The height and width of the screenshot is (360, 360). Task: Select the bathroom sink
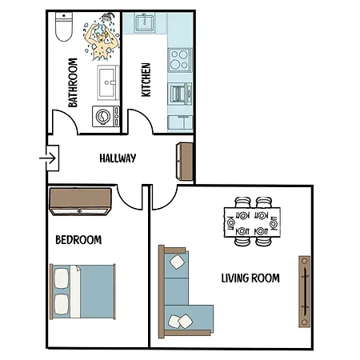click(107, 80)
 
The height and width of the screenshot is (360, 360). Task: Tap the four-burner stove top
click(179, 59)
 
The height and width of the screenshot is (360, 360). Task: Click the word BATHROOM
click(73, 82)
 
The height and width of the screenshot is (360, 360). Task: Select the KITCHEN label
click(146, 80)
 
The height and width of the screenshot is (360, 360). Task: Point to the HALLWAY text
click(118, 158)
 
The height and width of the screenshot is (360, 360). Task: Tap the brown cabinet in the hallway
click(184, 161)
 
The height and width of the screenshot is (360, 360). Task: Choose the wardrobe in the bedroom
click(81, 201)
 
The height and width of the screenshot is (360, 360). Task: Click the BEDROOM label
click(78, 239)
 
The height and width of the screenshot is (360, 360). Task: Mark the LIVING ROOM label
click(250, 278)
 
